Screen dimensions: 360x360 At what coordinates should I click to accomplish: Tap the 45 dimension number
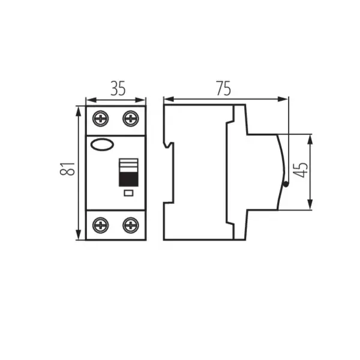tap(303, 170)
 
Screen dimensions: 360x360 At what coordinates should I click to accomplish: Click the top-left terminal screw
tap(101, 119)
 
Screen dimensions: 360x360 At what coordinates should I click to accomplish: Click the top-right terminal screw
tap(130, 119)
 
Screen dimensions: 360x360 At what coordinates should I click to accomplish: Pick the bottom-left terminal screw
tap(101, 226)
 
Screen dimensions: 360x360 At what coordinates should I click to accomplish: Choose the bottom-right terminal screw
tap(130, 226)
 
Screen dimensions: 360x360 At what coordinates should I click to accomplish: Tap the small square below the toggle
tap(127, 193)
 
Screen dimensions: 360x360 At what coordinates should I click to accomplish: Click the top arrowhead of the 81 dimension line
tap(79, 109)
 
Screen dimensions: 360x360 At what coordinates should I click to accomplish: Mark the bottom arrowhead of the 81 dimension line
tap(79, 237)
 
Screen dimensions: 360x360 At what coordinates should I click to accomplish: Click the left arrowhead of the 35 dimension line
tap(89, 98)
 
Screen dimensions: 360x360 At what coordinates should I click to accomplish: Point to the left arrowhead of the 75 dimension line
tap(167, 98)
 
